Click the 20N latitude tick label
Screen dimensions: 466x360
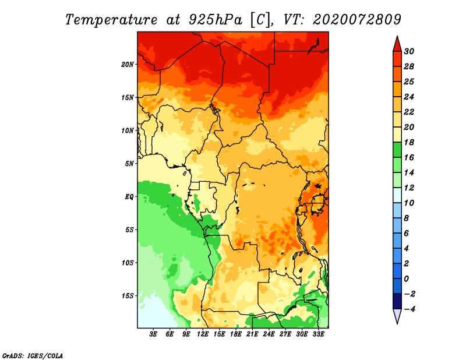128,65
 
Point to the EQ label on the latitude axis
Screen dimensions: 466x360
129,197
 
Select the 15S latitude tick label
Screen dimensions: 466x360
128,296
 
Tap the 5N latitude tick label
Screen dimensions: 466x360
129,164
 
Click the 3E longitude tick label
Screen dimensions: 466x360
153,334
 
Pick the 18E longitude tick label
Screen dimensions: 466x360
236,334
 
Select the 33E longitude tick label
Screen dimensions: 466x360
318,334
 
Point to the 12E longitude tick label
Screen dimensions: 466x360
203,334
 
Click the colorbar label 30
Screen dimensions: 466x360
409,51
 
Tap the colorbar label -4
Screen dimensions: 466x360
409,309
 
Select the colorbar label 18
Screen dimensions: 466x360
409,142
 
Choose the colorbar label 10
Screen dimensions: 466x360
409,203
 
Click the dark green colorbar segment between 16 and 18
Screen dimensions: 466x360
397,150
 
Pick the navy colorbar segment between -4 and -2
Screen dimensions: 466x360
397,301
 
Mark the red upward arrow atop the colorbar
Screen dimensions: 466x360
397,44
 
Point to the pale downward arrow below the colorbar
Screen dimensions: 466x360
397,316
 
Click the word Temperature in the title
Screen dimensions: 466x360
111,20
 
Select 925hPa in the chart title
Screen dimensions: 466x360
216,20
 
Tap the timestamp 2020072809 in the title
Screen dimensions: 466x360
357,20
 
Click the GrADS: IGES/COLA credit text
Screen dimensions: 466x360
33,356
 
